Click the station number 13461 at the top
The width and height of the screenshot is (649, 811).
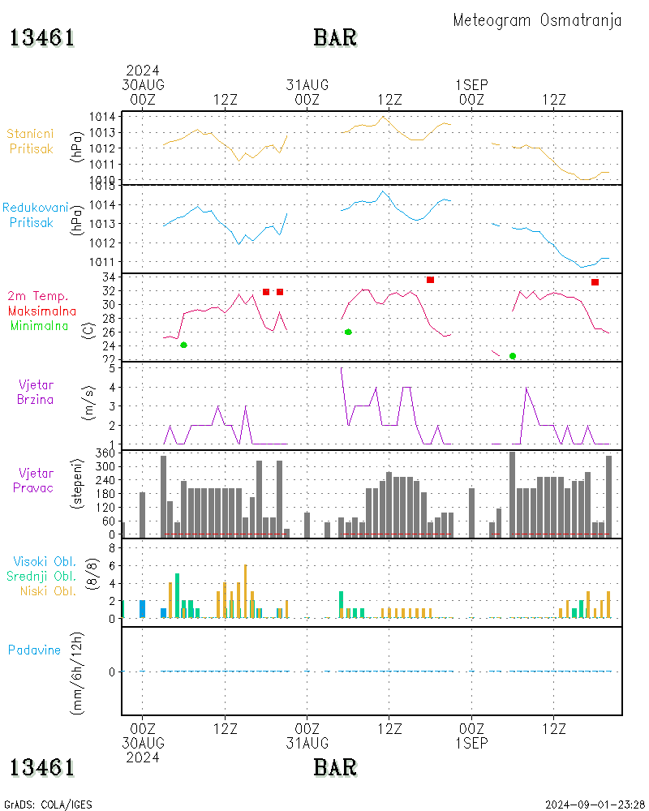point(42,38)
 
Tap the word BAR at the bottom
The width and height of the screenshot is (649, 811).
point(335,766)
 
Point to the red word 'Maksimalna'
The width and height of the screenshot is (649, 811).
point(42,311)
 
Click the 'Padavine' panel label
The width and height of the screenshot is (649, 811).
point(34,650)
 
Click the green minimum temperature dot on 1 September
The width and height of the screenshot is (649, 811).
point(513,356)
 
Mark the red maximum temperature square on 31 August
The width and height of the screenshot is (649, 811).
point(430,280)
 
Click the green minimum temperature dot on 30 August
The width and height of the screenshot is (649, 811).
point(183,345)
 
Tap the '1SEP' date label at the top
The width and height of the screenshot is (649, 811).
point(471,84)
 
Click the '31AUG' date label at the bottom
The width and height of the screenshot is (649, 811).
point(307,743)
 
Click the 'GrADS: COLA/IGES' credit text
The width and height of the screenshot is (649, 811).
point(48,805)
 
